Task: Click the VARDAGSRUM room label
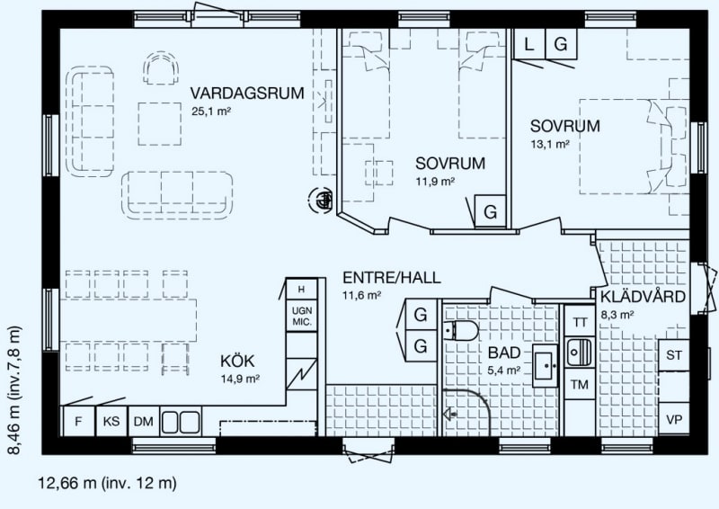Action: (247, 94)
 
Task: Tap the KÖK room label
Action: (237, 362)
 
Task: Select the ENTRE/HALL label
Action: (392, 278)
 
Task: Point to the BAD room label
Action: (504, 353)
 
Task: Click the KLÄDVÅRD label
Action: (644, 297)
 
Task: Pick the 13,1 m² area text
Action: (550, 144)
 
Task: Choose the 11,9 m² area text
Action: (435, 182)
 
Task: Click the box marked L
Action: (528, 45)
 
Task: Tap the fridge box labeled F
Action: (78, 422)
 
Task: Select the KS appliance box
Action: (111, 422)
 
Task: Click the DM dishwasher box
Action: (144, 422)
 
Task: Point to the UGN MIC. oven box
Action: (302, 317)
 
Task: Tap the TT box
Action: (580, 322)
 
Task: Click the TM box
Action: (580, 384)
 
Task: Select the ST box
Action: (674, 355)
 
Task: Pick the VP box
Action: (674, 419)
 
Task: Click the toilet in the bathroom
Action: (461, 330)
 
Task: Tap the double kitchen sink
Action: (181, 422)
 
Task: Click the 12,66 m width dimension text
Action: (107, 483)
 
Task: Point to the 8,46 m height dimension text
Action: (15, 390)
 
